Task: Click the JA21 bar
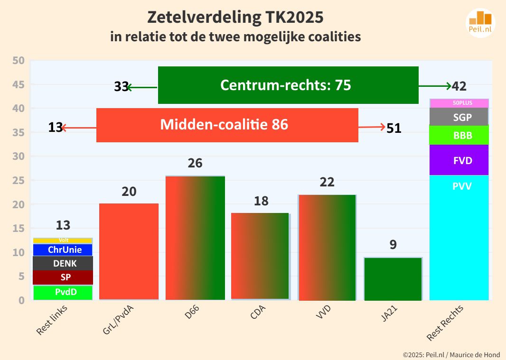tap(393, 279)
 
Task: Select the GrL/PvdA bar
tap(129, 251)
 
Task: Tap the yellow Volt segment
tap(63, 240)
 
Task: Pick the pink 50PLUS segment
tap(459, 102)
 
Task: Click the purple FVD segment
tap(459, 160)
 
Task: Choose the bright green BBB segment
tap(459, 135)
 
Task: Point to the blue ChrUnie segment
tap(63, 249)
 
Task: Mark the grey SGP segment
tap(459, 117)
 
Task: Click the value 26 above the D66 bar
tap(195, 163)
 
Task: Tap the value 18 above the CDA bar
tap(261, 201)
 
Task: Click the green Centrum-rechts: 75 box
tap(288, 85)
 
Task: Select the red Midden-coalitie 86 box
tap(227, 125)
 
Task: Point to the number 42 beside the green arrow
tap(459, 86)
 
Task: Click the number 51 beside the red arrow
tap(394, 128)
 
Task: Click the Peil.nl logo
tap(480, 22)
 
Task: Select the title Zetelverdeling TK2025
tap(235, 18)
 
